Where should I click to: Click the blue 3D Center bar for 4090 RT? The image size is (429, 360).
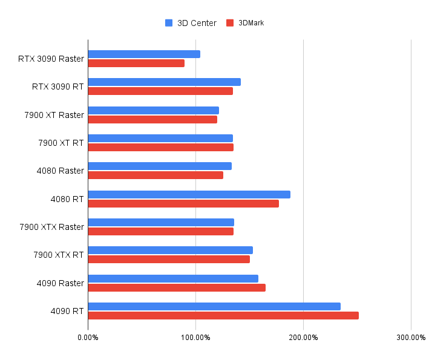[214, 306]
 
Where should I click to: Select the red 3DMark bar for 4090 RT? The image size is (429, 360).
[223, 315]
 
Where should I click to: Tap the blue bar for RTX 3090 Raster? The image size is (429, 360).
[144, 54]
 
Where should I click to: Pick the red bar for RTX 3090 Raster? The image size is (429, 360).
[136, 63]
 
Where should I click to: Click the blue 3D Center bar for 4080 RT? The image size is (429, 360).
[189, 194]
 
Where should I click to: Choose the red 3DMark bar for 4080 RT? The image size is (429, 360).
[183, 203]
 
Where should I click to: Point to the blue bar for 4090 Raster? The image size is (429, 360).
[173, 278]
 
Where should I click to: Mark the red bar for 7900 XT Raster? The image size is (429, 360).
[152, 119]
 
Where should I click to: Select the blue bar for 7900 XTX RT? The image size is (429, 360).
[170, 250]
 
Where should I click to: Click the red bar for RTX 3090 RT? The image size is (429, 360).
[160, 91]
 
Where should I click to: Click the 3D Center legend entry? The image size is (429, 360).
[191, 23]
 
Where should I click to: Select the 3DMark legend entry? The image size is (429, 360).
[245, 23]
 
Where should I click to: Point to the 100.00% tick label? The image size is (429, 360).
[195, 337]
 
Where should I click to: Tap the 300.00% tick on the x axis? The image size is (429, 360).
[411, 337]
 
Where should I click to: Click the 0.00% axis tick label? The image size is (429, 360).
[88, 337]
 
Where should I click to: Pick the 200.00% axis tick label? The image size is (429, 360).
[303, 337]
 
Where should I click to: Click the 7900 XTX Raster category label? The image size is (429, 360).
[51, 227]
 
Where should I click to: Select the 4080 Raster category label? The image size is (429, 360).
[60, 171]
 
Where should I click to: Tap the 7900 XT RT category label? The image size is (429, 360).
[61, 143]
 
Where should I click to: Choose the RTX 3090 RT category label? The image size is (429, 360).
[57, 87]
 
